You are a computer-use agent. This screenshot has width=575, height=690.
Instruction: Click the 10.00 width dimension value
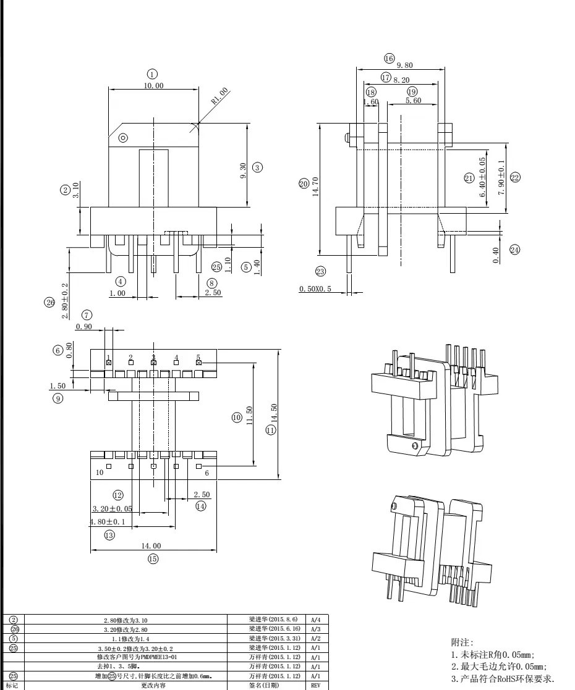(x=153, y=86)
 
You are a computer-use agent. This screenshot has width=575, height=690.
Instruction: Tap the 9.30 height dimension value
(x=242, y=171)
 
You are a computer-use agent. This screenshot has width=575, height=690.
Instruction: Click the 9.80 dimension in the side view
(x=404, y=65)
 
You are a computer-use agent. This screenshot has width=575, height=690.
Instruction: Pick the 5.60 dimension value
(x=414, y=101)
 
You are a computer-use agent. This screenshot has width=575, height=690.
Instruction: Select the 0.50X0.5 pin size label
(x=315, y=289)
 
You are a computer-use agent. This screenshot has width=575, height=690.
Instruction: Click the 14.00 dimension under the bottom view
(x=151, y=545)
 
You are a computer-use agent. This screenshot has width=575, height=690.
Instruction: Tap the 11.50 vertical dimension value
(x=249, y=416)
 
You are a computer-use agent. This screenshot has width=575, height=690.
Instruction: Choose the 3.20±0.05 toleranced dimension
(x=112, y=509)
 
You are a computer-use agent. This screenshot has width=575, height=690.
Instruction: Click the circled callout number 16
(x=389, y=58)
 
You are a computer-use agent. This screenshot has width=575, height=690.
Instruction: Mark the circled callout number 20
(x=304, y=184)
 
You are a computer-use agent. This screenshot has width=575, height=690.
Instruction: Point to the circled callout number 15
(x=153, y=559)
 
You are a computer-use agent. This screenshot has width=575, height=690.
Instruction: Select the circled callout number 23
(x=320, y=272)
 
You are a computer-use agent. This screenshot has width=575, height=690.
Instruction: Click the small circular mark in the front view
(x=122, y=138)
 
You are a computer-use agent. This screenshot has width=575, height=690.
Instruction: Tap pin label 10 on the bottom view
(x=99, y=473)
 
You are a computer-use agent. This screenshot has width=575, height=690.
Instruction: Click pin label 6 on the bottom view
(x=206, y=473)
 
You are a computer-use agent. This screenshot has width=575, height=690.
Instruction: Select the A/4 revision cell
(x=315, y=619)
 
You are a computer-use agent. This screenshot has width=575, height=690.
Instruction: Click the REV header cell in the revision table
(x=315, y=685)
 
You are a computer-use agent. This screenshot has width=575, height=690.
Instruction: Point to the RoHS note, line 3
(x=503, y=679)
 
